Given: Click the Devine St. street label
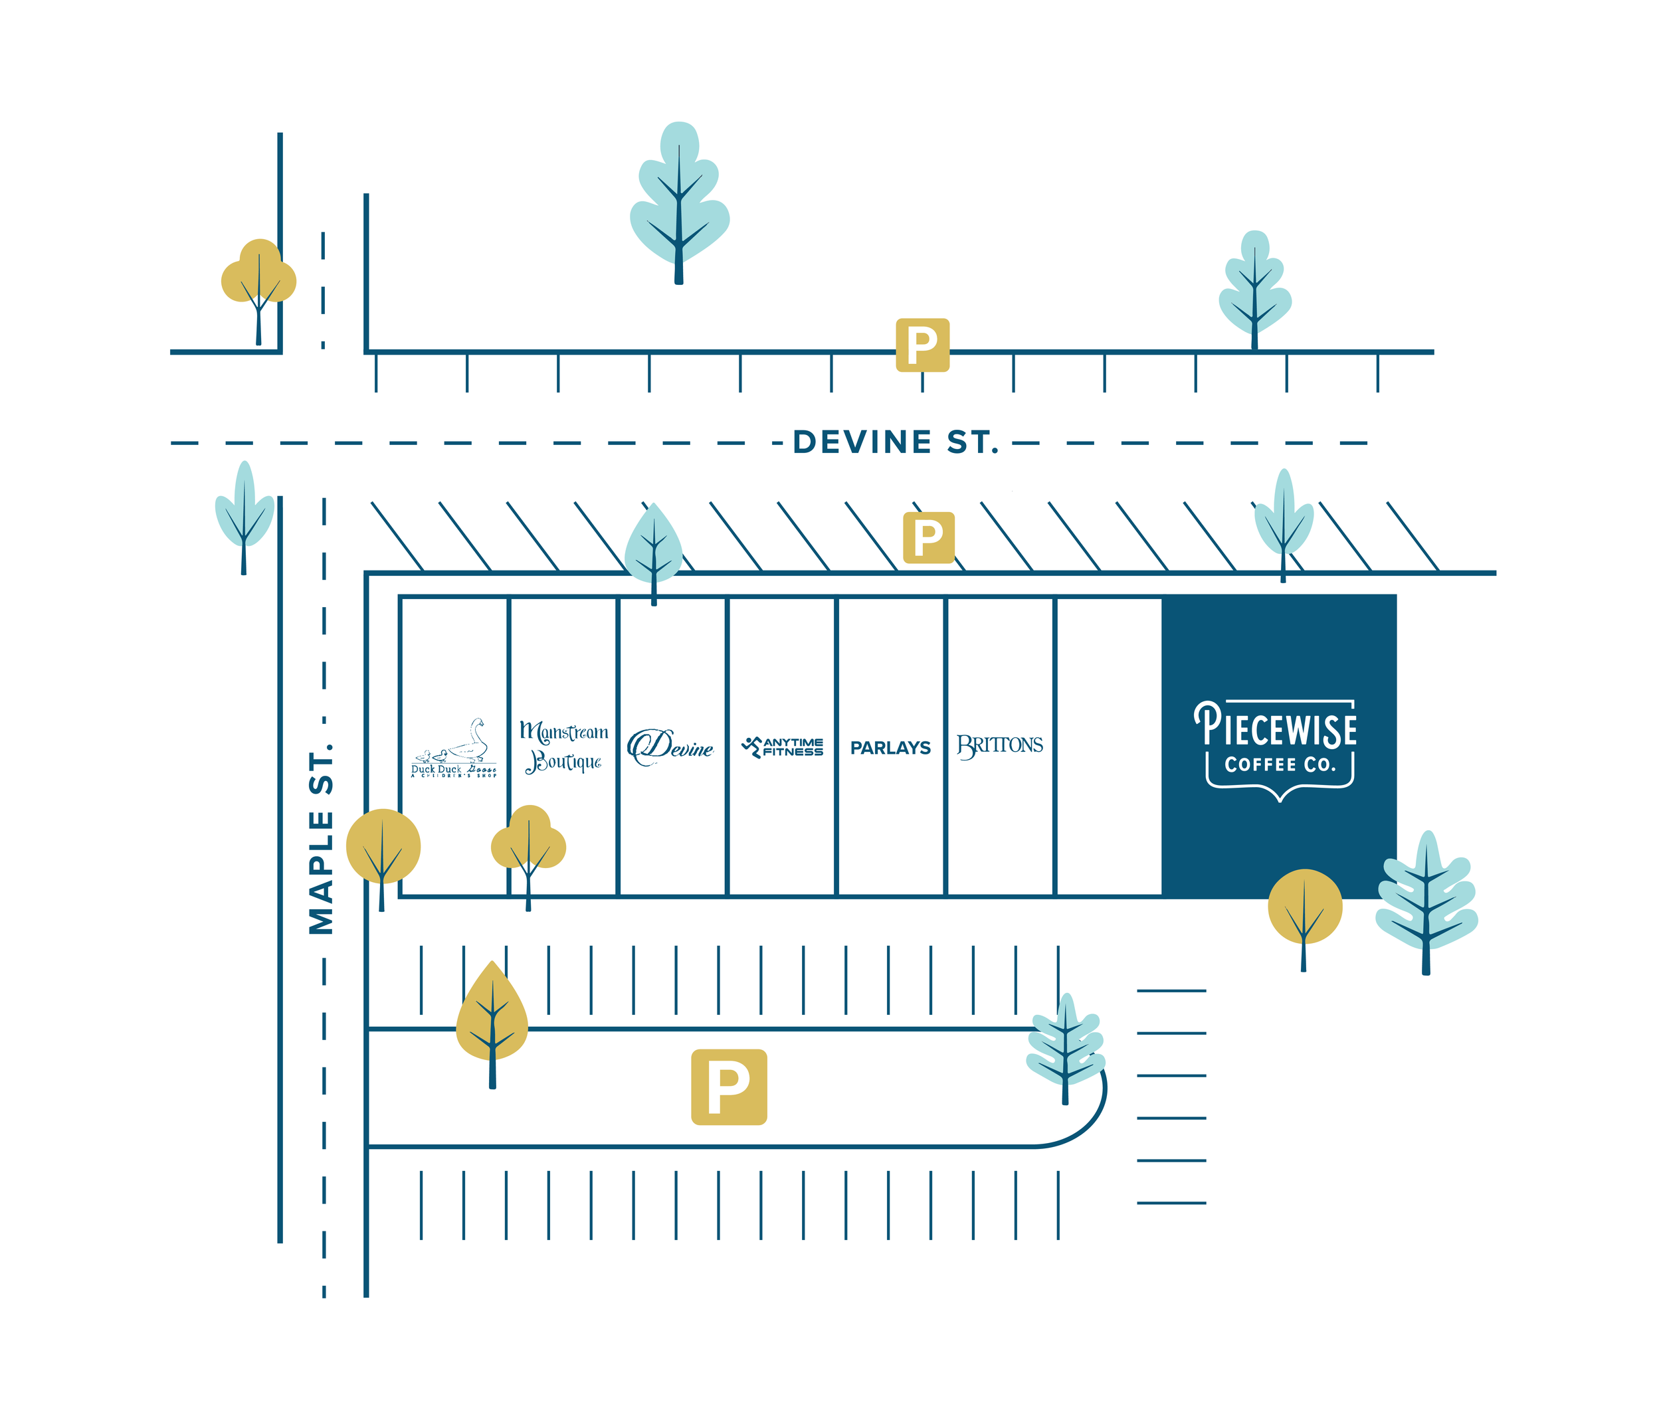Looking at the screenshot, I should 896,442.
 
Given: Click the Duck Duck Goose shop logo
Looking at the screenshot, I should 454,749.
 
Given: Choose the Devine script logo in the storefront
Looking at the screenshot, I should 671,747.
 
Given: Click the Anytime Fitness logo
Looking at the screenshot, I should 783,747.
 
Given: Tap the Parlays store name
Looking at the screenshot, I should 890,749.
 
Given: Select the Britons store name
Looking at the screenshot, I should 1000,746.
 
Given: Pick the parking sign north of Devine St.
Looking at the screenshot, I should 922,345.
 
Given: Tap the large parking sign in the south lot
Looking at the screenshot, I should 729,1087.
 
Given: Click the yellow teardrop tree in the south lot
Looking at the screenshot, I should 492,1013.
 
